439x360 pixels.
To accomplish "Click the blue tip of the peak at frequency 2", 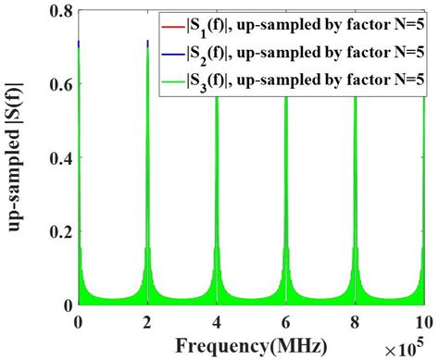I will pos(148,42).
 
